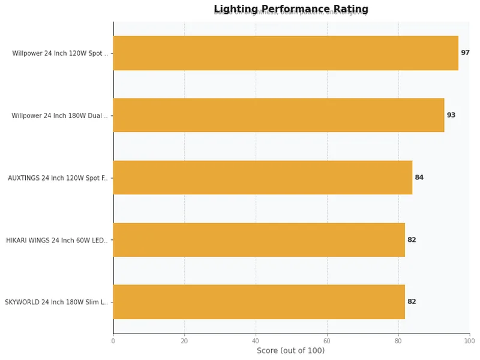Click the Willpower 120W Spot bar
286,53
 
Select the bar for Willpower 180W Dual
278,115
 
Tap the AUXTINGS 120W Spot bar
262,178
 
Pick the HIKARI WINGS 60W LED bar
259,240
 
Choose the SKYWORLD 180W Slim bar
259,302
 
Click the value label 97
465,53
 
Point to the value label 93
451,115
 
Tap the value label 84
419,178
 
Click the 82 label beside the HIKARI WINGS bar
412,240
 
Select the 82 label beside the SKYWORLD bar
412,302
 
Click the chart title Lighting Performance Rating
291,9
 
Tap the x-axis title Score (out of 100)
290,351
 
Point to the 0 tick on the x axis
113,341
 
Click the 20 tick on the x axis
184,341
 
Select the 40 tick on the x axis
256,341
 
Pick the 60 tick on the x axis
327,341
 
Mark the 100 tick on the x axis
469,341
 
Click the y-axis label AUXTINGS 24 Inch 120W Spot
58,178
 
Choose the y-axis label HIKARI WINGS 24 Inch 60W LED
57,241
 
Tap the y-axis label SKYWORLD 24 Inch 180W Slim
56,302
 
